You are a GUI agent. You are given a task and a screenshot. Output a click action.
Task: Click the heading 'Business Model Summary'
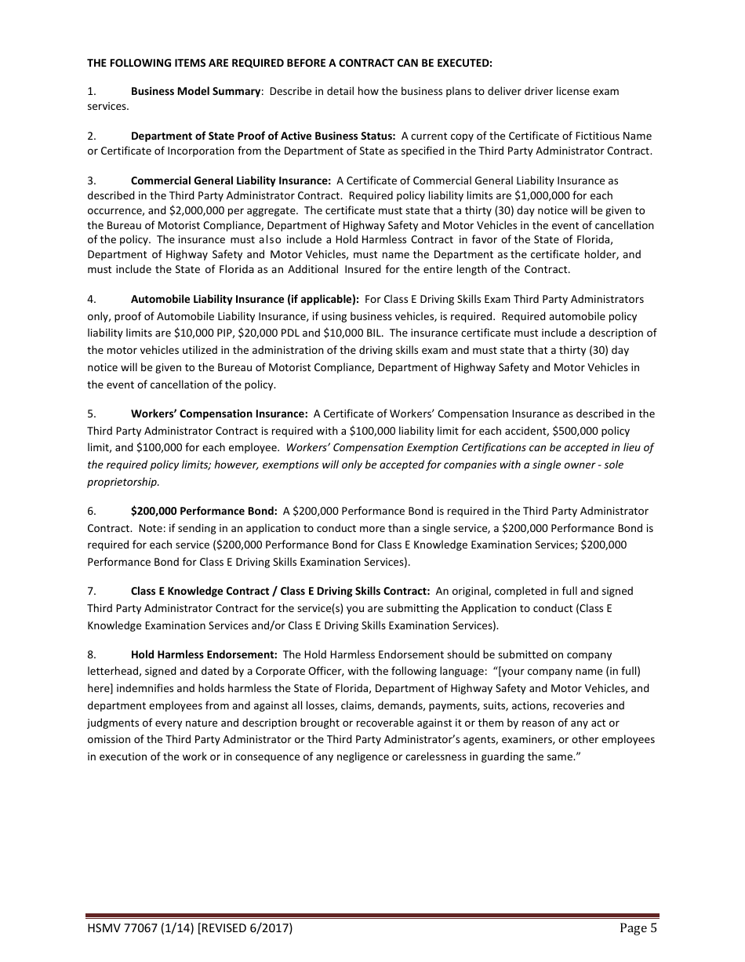[195, 91]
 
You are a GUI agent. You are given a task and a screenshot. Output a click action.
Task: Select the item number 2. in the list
[92, 136]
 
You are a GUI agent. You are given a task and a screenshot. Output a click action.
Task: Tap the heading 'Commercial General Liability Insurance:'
[231, 180]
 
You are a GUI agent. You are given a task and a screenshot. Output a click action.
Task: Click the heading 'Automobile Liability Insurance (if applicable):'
[245, 299]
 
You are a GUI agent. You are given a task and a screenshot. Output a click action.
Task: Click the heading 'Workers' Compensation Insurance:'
[219, 414]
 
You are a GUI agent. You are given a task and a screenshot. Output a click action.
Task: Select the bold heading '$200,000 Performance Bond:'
[204, 511]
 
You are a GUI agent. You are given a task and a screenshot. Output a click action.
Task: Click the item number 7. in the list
[92, 591]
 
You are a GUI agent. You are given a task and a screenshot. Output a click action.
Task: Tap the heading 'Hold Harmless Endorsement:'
[204, 654]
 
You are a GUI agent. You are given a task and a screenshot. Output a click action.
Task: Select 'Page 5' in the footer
[638, 929]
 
